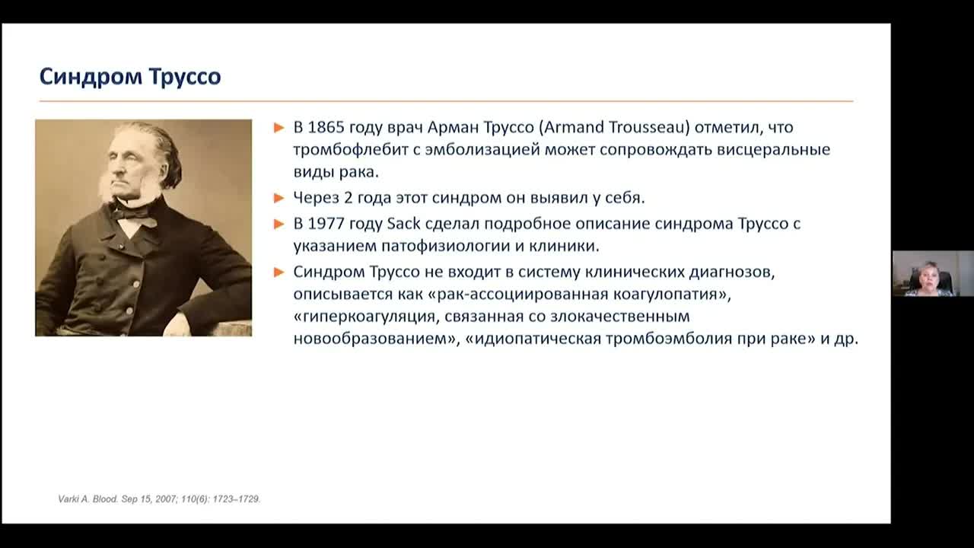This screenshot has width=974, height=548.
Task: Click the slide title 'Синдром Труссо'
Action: [130, 77]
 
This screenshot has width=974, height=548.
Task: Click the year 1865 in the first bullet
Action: [326, 128]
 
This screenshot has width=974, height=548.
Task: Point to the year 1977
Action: [326, 224]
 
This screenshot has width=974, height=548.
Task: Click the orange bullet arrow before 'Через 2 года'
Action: [279, 198]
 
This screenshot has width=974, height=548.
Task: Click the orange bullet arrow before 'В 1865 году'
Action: [279, 128]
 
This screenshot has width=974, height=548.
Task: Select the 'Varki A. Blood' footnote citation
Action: [160, 499]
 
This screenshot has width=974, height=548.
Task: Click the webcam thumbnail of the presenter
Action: [932, 273]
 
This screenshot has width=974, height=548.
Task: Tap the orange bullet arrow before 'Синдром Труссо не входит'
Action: [279, 271]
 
